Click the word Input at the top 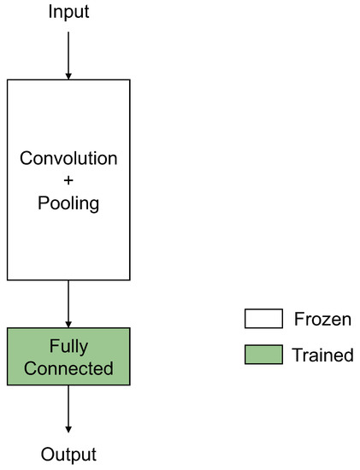tap(68, 12)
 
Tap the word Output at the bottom tap(68, 455)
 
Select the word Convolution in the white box tap(68, 160)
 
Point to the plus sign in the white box tap(68, 182)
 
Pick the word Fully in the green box tap(68, 347)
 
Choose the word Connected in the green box tap(68, 368)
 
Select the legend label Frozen tap(322, 320)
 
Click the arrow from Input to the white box tap(68, 51)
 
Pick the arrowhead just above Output tap(68, 429)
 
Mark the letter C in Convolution tap(26, 160)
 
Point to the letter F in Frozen tap(298, 320)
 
